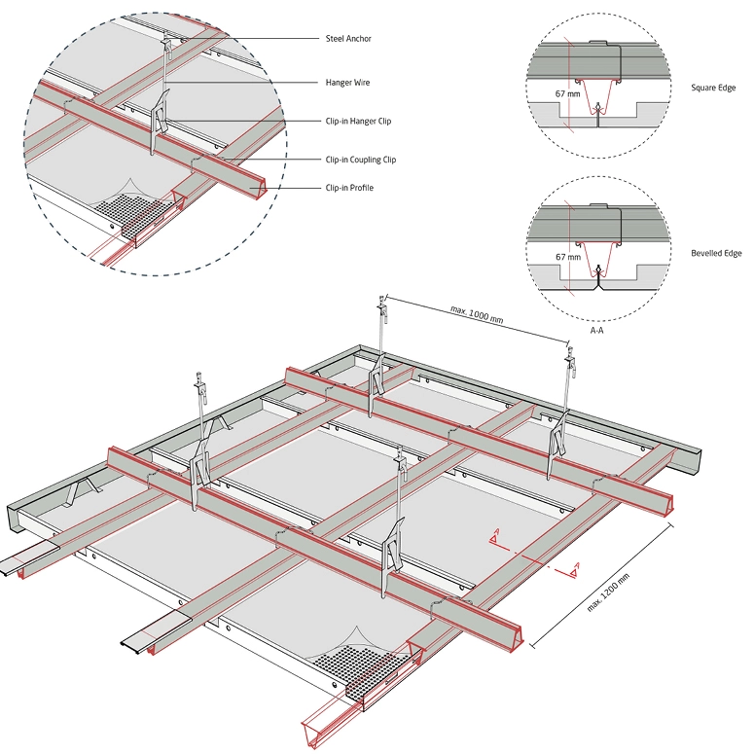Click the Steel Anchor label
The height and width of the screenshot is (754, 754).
[348, 39]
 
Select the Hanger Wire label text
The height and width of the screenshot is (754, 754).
[346, 84]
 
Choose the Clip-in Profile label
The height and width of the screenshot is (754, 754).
[348, 188]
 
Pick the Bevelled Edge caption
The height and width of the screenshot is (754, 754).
[716, 253]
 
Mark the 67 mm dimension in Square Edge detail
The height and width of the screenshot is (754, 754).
[567, 93]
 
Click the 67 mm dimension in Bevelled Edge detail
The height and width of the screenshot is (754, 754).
[567, 258]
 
